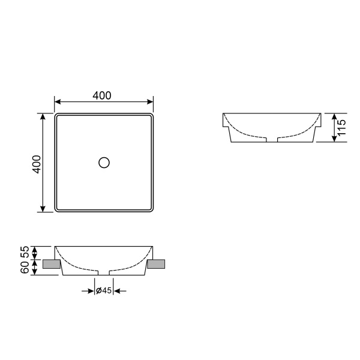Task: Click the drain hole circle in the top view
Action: pos(104,162)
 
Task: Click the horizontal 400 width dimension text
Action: pos(102,95)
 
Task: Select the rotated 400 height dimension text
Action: pos(36,164)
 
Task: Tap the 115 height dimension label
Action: pos(341,128)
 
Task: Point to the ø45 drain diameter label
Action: pos(104,291)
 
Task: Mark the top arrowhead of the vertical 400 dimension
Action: pos(43,116)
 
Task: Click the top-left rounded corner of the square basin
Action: pos(57,115)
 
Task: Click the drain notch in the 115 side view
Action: pos(272,140)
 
